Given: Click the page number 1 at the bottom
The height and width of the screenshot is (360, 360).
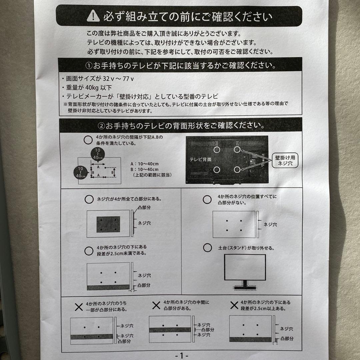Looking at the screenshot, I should point(181,355).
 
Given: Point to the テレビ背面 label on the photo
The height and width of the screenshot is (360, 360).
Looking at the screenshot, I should point(200,159).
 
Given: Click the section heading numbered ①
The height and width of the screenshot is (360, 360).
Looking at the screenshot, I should point(180,64).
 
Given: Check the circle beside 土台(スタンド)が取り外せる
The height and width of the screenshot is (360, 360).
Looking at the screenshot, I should point(207,247).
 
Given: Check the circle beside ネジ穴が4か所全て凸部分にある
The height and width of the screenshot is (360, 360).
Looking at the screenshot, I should point(89,199).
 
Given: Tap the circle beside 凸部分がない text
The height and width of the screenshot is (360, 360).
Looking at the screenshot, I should point(207,199).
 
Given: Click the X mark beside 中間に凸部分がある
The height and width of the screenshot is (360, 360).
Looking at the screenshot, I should point(156,305).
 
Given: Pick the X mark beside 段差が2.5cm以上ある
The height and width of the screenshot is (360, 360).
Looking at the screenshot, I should point(235,305).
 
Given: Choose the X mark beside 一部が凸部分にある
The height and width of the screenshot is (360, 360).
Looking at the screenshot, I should point(79,307).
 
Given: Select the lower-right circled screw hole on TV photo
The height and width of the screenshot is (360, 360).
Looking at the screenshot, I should point(237,169).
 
